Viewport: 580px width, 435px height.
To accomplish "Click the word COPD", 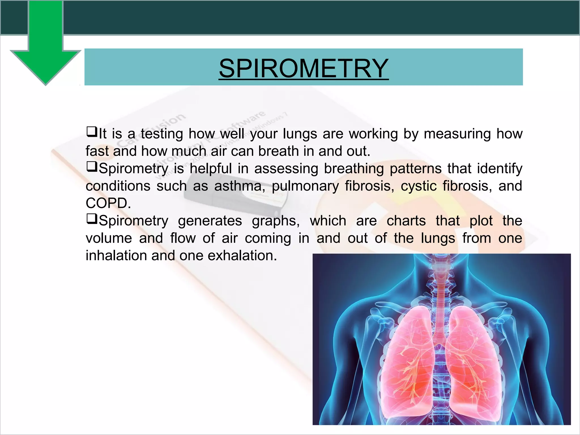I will tap(108, 203).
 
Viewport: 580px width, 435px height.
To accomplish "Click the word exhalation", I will tap(242, 255).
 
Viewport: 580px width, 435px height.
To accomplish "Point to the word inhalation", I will tap(116, 255).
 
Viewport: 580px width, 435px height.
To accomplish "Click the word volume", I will tap(109, 238).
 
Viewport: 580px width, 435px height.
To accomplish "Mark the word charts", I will tap(406, 221).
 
